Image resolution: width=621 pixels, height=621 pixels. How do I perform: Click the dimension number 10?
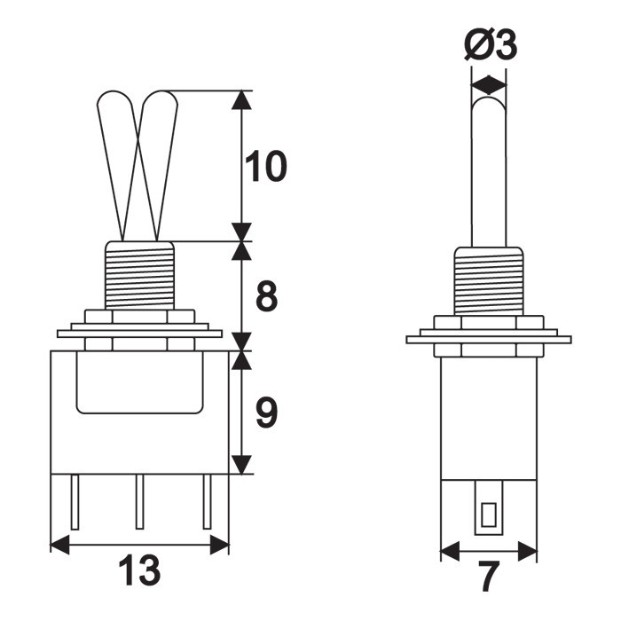click(x=266, y=167)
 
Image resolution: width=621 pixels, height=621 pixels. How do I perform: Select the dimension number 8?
click(x=266, y=295)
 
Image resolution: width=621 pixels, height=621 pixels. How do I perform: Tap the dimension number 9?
click(x=266, y=413)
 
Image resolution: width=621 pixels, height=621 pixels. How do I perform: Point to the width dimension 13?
click(x=139, y=570)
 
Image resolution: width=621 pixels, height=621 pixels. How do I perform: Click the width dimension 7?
click(x=488, y=577)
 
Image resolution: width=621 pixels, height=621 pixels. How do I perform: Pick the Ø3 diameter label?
click(x=491, y=44)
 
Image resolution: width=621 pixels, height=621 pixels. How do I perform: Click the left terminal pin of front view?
click(x=75, y=502)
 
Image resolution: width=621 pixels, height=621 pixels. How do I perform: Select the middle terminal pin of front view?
click(x=139, y=502)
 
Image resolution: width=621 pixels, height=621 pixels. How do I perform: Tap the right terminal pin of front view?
click(x=207, y=502)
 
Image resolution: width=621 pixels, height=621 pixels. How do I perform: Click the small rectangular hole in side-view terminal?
click(x=489, y=515)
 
